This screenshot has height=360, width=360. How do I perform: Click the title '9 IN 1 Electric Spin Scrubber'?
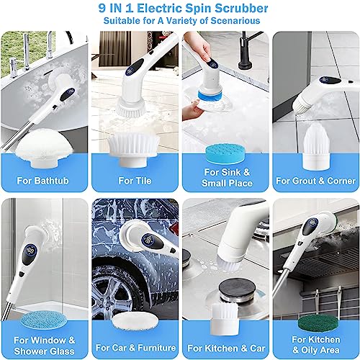179,9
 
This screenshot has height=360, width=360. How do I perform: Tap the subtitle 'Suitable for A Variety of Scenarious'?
179,22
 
